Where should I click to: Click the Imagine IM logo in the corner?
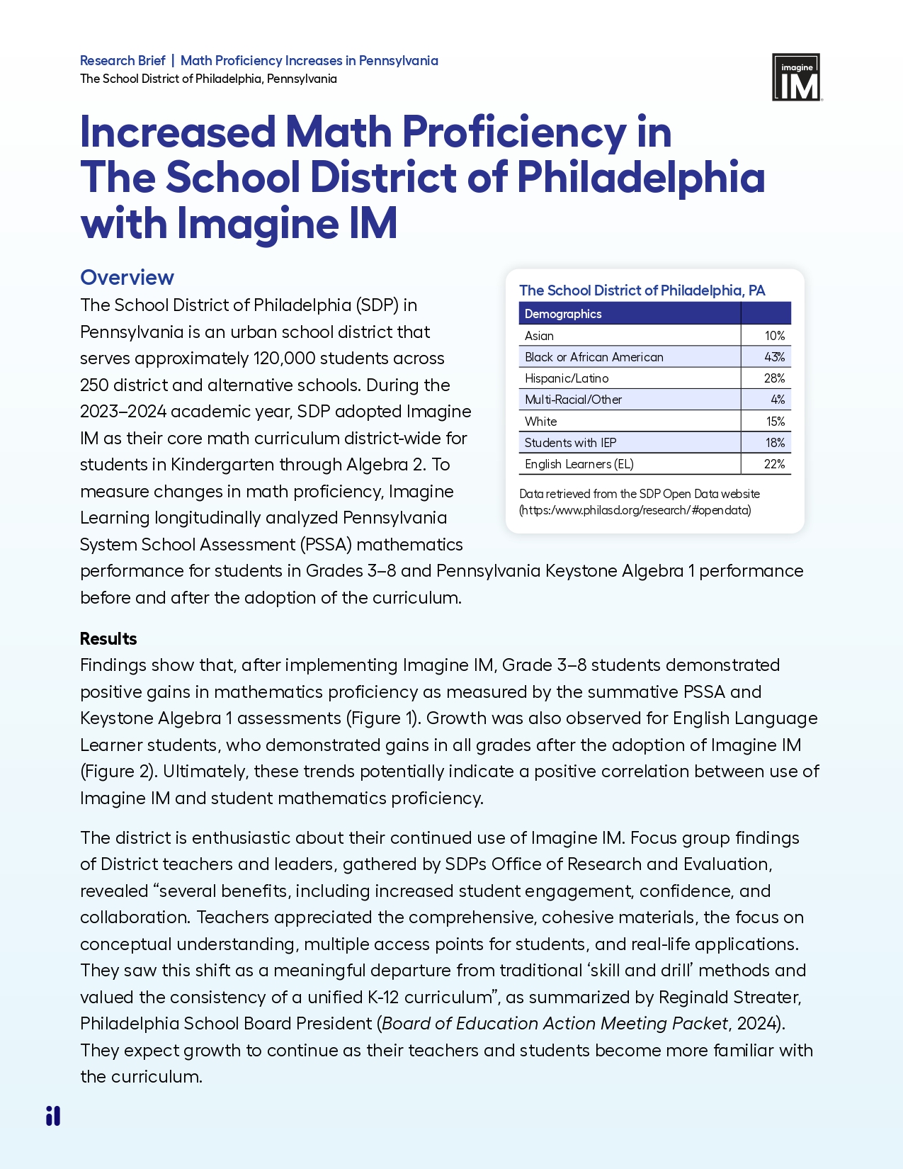pos(796,77)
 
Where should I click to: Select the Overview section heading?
pos(127,277)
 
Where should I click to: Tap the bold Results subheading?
pos(108,638)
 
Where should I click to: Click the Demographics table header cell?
pos(563,313)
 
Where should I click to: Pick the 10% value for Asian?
pos(774,336)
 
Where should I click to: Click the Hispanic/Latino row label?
pos(567,378)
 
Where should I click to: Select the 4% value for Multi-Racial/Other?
pos(778,400)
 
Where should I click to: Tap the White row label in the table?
pos(540,422)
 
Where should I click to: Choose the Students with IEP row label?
pos(570,443)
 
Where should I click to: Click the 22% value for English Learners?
pos(774,464)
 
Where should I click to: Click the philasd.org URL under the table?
pos(635,510)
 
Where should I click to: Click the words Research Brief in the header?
pos(123,61)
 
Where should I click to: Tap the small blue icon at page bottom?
pos(53,1116)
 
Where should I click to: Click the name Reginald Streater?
pos(729,998)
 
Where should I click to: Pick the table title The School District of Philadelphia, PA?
pos(642,290)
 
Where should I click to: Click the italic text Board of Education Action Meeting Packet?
pos(555,1024)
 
